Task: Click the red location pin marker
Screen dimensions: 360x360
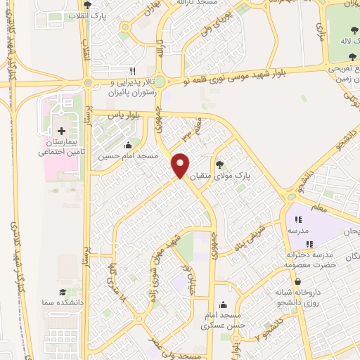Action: [x=181, y=165]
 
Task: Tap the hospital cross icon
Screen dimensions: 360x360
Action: [x=61, y=131]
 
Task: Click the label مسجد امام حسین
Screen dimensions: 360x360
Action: [x=129, y=155]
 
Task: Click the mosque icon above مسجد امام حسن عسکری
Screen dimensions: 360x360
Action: [x=224, y=305]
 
